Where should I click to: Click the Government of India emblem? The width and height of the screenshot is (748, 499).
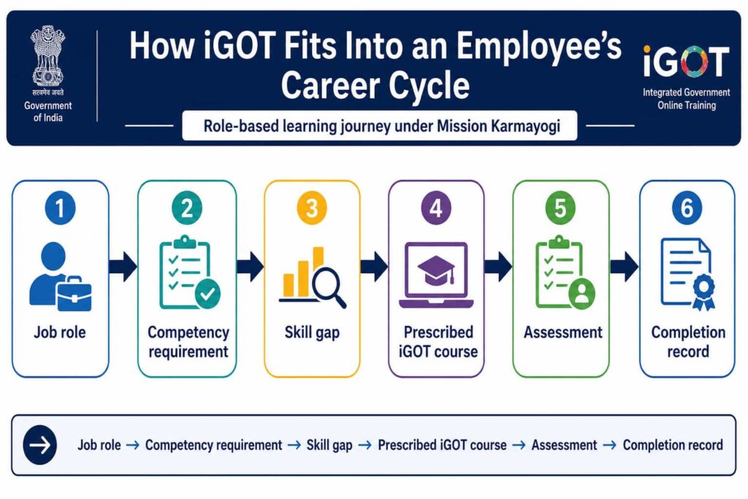click(x=47, y=56)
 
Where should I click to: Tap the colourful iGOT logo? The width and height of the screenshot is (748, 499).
click(x=687, y=61)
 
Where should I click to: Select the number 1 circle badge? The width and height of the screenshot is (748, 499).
click(x=60, y=208)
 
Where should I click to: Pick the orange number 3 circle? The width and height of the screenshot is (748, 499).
click(x=311, y=208)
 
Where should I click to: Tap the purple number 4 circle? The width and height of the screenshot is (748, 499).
click(x=436, y=208)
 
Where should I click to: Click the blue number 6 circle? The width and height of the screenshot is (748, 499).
click(x=687, y=208)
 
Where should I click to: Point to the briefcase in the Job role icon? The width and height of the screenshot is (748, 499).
click(x=74, y=293)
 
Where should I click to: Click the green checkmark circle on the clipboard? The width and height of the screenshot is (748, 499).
click(x=207, y=294)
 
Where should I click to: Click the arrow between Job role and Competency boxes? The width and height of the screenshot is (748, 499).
click(x=123, y=267)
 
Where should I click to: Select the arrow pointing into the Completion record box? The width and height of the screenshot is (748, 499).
click(x=625, y=267)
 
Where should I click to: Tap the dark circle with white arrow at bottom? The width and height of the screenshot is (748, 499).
click(x=40, y=445)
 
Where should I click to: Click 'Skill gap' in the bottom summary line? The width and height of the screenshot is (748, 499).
click(x=329, y=446)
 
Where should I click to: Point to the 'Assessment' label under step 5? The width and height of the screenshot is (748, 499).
click(x=563, y=332)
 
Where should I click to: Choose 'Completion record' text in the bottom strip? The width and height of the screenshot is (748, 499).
click(x=673, y=445)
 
